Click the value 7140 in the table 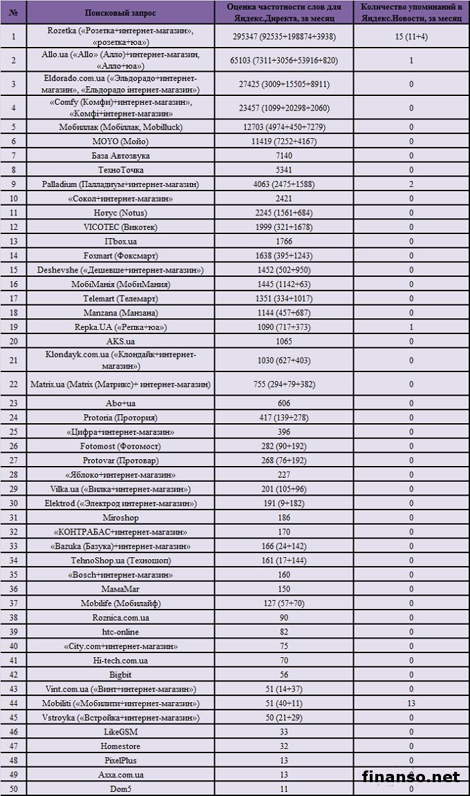coord(280,155)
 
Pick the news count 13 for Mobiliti coord(411,703)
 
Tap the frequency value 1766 coord(280,240)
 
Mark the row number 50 coord(15,788)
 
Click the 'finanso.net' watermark coord(411,777)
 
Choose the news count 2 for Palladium coord(411,184)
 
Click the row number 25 coord(15,432)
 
